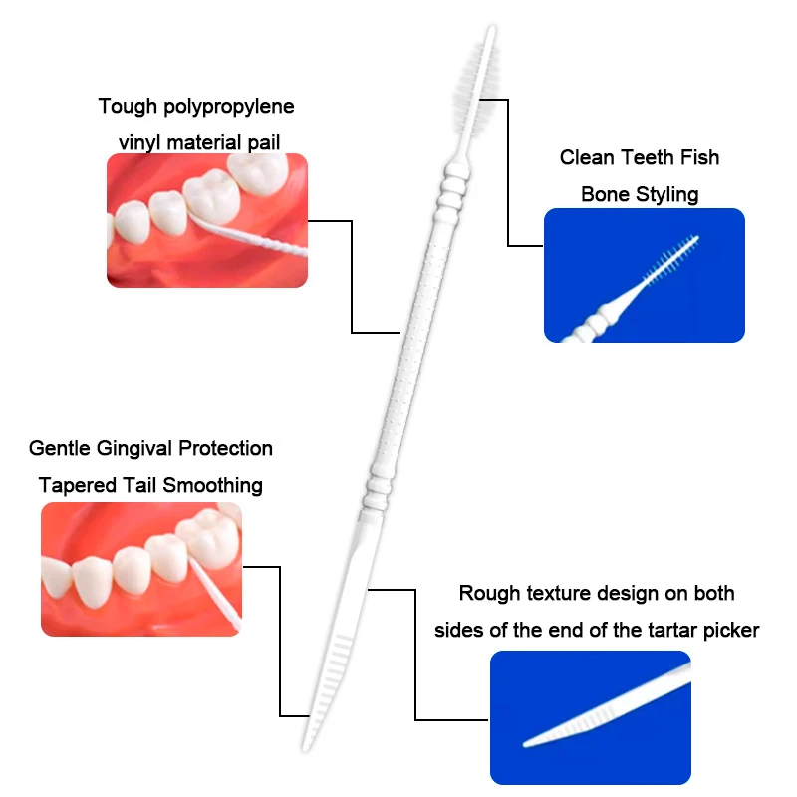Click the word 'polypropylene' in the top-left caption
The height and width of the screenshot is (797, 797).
(x=229, y=107)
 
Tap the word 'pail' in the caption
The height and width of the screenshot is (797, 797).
(x=264, y=143)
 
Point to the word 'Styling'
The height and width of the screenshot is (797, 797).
(x=667, y=195)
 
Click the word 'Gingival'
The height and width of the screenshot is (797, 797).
(x=134, y=449)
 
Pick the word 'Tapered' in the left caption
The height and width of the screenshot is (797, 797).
(x=79, y=486)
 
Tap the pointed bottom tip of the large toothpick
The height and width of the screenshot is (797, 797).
(x=306, y=749)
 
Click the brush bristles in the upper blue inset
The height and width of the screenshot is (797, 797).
(x=671, y=259)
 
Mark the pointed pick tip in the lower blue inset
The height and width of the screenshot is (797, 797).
(x=526, y=745)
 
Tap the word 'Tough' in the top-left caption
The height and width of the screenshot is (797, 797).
(x=129, y=107)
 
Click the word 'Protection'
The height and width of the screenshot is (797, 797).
(x=226, y=449)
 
